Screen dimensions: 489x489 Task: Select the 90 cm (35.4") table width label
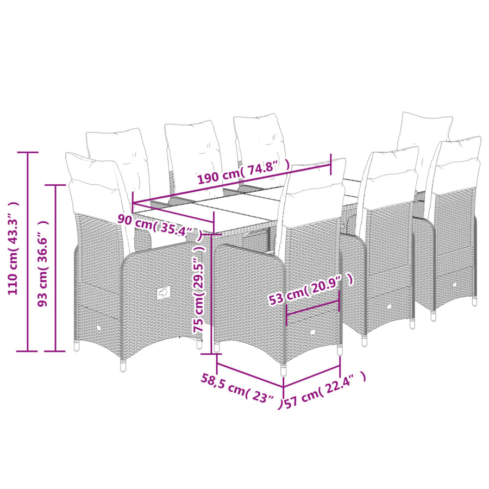(x=160, y=226)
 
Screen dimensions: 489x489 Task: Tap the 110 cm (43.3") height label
(x=13, y=248)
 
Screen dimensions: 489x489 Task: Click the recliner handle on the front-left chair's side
(x=164, y=292)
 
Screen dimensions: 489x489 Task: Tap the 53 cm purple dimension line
(x=312, y=308)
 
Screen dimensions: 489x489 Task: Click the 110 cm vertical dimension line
(x=28, y=252)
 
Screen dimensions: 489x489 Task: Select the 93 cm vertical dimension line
(x=55, y=268)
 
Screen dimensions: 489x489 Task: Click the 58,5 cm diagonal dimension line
(x=250, y=375)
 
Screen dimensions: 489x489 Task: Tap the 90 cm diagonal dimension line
(x=173, y=212)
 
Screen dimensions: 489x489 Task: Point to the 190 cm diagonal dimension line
(x=231, y=183)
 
